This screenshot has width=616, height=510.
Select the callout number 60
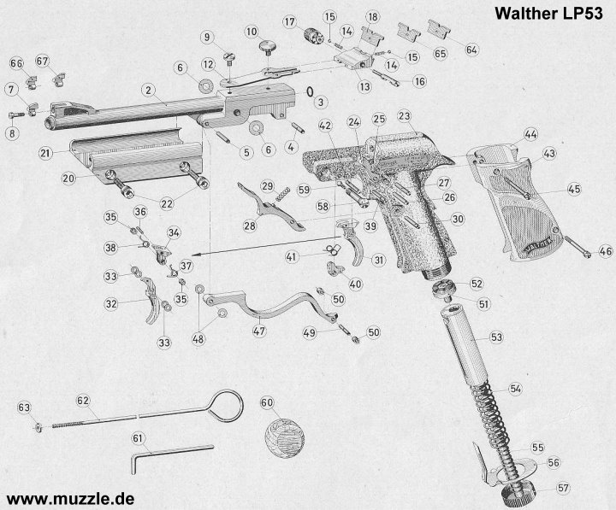pyautogui.click(x=267, y=402)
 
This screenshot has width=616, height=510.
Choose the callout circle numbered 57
pyautogui.click(x=564, y=489)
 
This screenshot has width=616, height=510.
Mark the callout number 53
pyautogui.click(x=495, y=337)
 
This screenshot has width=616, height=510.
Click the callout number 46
pyautogui.click(x=605, y=251)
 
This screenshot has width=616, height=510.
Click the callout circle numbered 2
pyautogui.click(x=148, y=90)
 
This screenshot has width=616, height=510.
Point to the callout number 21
pyautogui.click(x=45, y=153)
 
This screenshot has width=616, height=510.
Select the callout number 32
pyautogui.click(x=111, y=304)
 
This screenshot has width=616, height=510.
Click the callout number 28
pyautogui.click(x=249, y=226)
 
